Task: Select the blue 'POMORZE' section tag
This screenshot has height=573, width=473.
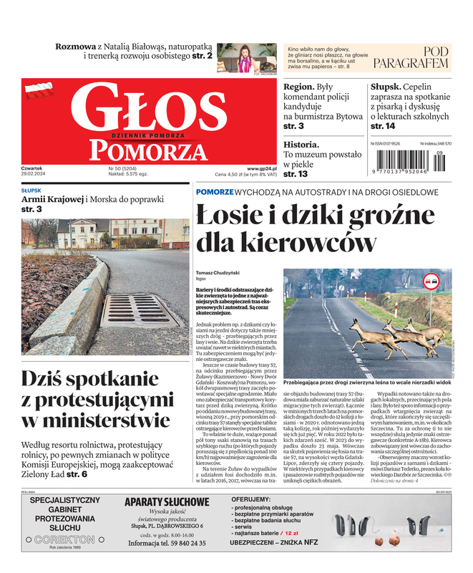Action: (x=215, y=192)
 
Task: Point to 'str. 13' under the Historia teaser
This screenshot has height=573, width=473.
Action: (x=296, y=174)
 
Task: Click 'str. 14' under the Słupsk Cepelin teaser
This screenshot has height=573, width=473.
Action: (x=383, y=126)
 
